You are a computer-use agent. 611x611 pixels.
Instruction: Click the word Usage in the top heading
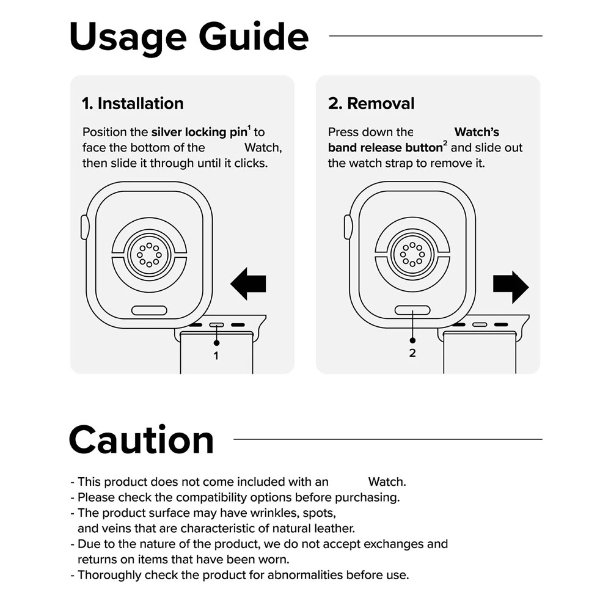(128, 38)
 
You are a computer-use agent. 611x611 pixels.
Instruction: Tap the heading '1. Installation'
(133, 104)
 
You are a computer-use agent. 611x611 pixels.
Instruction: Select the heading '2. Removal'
(371, 104)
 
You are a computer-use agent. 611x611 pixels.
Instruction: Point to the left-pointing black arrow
(248, 284)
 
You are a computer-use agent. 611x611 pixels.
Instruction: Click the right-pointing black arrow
(511, 287)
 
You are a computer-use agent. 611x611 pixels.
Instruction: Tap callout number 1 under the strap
(216, 356)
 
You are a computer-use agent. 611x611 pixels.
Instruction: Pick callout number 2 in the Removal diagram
(412, 353)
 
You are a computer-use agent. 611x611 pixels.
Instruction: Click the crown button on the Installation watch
(84, 227)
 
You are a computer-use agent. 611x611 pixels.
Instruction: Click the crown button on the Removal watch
(348, 227)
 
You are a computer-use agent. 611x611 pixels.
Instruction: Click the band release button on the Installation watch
(149, 310)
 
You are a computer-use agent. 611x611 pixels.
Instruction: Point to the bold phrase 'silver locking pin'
(200, 133)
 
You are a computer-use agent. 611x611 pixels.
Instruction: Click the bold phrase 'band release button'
(385, 148)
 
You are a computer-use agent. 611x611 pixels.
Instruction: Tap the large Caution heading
(142, 440)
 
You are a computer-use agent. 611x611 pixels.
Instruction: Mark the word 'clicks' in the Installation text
(251, 163)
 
